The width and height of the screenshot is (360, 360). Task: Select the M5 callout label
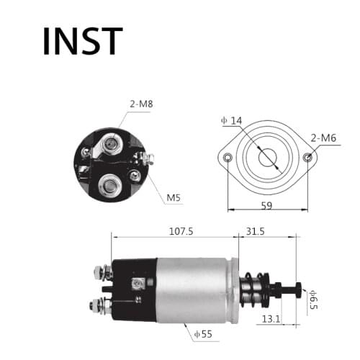click(x=173, y=197)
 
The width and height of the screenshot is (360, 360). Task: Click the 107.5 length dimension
click(x=180, y=232)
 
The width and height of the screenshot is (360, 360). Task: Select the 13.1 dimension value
click(x=271, y=318)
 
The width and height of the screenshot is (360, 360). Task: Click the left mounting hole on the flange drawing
click(x=228, y=158)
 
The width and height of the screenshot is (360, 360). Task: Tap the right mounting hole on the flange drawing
click(x=308, y=158)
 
